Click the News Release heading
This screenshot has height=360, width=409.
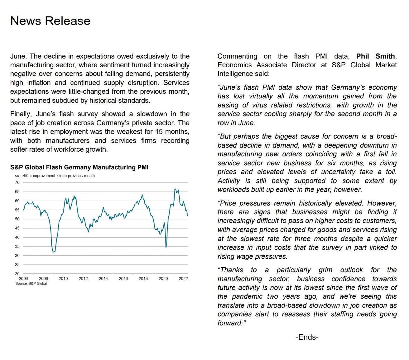tap(50, 21)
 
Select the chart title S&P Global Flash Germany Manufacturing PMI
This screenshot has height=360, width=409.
tap(79, 167)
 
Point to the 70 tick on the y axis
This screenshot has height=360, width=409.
tap(17, 182)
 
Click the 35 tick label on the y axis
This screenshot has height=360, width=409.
tap(17, 246)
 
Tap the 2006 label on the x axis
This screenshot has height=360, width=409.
tap(23, 278)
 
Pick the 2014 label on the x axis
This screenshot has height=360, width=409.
tap(103, 278)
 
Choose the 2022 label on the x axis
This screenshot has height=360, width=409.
tap(183, 278)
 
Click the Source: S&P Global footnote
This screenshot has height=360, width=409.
tap(31, 283)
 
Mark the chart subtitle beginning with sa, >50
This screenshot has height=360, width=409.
tap(55, 176)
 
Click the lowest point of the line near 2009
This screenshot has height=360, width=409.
tap(54, 252)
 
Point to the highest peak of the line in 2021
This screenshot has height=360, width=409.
tap(175, 189)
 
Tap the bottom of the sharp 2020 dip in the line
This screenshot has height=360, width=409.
tap(166, 247)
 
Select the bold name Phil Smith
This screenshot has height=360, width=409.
tap(376, 56)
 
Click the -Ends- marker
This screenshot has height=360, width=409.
tap(307, 337)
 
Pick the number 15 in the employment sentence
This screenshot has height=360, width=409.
tap(159, 132)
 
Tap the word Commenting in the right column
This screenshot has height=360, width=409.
tap(237, 56)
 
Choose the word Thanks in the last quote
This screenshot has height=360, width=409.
tap(231, 270)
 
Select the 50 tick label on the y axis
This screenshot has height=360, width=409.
tap(17, 219)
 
